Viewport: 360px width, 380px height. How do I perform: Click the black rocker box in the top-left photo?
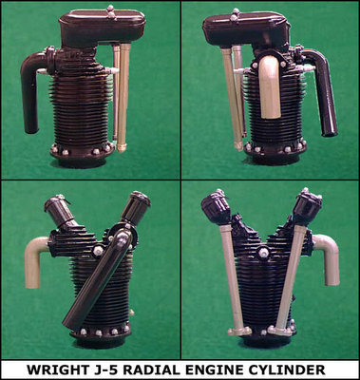pos(102,27)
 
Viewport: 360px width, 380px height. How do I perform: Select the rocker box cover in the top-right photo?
pos(246,28)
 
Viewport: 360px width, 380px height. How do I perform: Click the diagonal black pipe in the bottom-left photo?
pos(98,278)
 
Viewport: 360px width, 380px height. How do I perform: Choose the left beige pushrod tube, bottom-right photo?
pos(234,278)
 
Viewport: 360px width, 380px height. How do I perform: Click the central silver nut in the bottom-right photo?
pos(263,253)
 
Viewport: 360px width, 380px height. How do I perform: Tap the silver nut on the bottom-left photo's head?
pos(98,251)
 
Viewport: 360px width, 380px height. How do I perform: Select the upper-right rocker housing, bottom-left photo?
pos(136,207)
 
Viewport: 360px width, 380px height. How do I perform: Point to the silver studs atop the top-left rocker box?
pos(110,11)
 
